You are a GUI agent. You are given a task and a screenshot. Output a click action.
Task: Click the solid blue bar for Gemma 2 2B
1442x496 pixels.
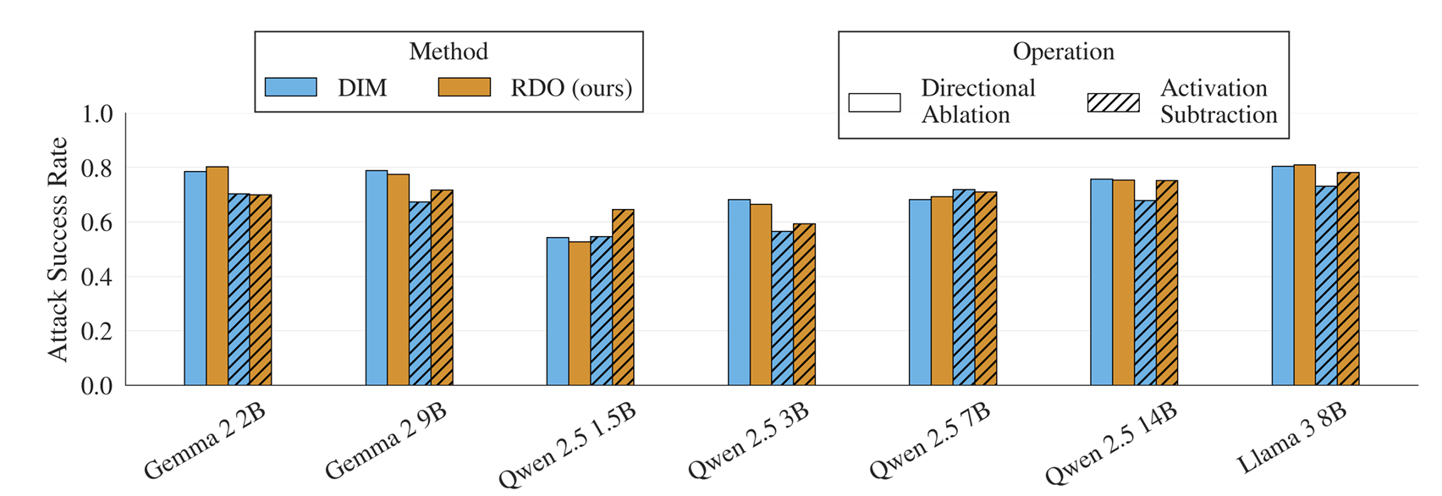[x=195, y=278]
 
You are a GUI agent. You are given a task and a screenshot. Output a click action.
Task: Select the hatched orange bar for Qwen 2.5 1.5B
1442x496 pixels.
[x=623, y=298]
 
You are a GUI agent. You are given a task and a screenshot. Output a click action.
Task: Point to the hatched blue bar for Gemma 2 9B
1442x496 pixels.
[x=420, y=294]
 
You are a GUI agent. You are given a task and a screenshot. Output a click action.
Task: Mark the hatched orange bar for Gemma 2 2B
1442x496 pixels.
[x=261, y=290]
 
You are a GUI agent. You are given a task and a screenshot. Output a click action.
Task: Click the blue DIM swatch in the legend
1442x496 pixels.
[x=290, y=87]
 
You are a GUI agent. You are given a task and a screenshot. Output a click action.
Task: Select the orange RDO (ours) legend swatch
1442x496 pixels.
[x=464, y=87]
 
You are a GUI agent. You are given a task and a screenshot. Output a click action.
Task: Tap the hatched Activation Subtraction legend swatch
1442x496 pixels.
[x=1113, y=102]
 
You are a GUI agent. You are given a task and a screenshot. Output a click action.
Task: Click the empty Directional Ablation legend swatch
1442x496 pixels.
[x=874, y=102]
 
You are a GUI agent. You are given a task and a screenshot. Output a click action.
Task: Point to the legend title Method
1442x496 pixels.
[x=449, y=52]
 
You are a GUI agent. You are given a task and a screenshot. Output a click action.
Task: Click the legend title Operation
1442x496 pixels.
[x=1063, y=52]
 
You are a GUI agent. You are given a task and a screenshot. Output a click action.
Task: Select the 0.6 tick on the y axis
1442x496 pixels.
[x=96, y=223]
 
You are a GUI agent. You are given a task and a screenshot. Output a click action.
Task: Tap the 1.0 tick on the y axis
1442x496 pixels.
[x=96, y=114]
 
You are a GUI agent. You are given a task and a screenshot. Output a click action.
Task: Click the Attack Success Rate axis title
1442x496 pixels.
[x=57, y=249]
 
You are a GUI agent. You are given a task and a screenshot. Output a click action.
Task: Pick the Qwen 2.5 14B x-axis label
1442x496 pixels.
[x=1110, y=444]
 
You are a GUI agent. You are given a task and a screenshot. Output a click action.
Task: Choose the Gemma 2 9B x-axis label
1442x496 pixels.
[x=386, y=442]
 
